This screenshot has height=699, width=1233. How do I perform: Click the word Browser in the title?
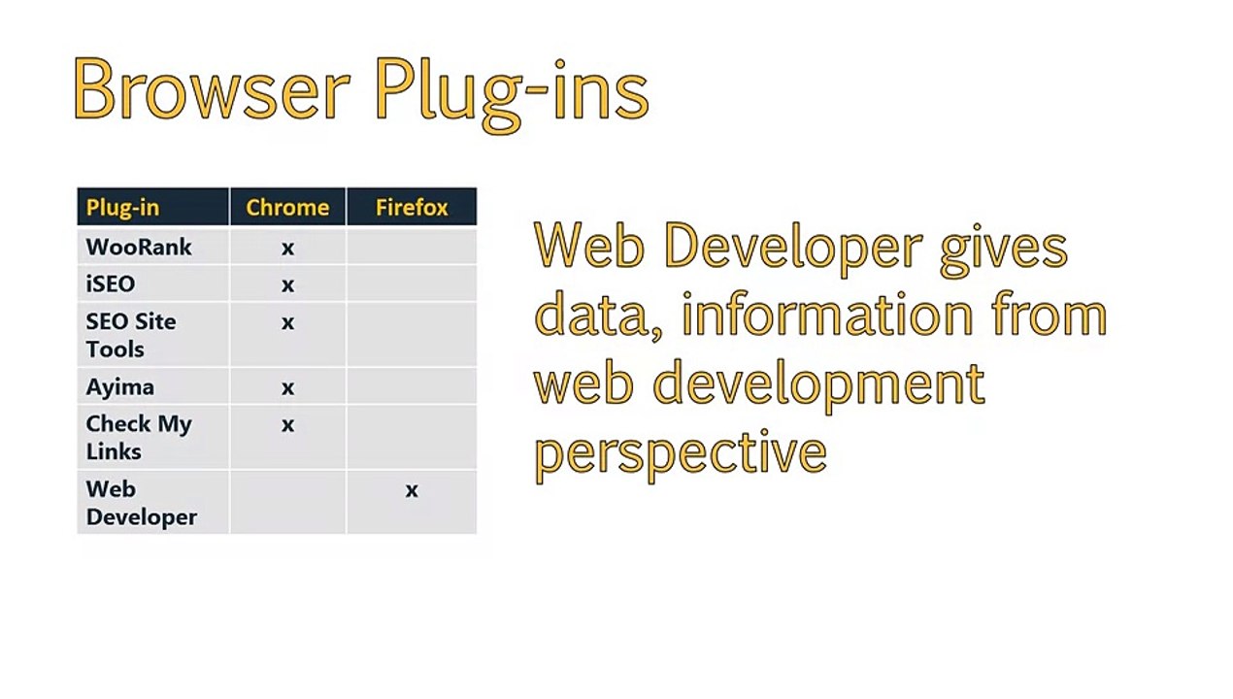click(212, 88)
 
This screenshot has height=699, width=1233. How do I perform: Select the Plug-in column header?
click(122, 208)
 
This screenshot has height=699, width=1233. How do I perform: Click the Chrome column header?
click(287, 208)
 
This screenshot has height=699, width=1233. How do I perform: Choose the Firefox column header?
click(412, 208)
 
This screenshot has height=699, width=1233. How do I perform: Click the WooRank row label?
click(139, 247)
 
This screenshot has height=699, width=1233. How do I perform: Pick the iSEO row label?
click(110, 284)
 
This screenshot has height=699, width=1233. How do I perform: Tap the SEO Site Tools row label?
click(131, 335)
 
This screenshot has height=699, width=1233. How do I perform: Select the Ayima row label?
click(120, 387)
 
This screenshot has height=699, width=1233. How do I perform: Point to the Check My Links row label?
click(139, 437)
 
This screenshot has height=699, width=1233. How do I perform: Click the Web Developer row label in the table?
click(141, 503)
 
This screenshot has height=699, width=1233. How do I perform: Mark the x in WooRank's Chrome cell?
click(287, 249)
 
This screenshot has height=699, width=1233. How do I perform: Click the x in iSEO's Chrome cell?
click(287, 285)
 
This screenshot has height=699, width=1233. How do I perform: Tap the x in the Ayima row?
click(287, 388)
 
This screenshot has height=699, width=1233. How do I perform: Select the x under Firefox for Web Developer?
click(412, 490)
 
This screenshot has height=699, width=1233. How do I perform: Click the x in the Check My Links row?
click(287, 425)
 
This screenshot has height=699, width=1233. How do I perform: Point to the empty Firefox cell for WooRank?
click(412, 247)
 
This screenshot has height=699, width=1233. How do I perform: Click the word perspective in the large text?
click(681, 455)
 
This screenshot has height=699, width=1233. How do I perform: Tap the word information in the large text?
click(828, 313)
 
